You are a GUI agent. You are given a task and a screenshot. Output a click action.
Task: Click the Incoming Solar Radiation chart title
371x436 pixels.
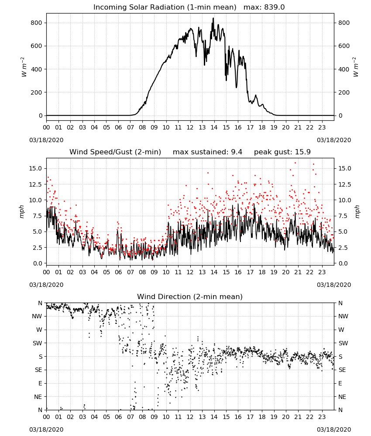[165, 7]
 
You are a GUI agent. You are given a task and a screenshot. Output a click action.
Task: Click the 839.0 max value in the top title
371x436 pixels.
[275, 7]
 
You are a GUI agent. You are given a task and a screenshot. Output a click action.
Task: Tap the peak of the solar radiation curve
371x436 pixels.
[213, 18]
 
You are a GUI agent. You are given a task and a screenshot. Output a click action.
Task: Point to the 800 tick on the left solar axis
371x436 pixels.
[37, 23]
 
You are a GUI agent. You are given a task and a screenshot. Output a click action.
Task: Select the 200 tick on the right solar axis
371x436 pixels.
[344, 92]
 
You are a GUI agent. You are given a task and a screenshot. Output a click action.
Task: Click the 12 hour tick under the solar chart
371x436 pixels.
[190, 128]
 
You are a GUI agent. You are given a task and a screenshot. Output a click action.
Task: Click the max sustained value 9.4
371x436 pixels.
[237, 152]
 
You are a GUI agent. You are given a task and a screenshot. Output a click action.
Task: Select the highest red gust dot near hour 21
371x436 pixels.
[295, 163]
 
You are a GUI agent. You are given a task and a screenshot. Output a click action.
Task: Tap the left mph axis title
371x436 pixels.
[22, 212]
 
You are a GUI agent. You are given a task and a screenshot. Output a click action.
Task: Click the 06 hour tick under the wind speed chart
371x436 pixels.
[118, 272]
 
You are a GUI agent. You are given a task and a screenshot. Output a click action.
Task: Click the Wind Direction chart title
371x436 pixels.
[190, 296]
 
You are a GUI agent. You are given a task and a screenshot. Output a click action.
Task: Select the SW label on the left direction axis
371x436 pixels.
[37, 343]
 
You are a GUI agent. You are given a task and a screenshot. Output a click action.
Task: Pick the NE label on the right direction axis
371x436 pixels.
[342, 397]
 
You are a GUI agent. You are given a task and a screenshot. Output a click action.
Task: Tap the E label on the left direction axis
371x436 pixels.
[40, 383]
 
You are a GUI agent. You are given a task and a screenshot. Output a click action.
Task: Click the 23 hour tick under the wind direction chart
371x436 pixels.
[322, 417]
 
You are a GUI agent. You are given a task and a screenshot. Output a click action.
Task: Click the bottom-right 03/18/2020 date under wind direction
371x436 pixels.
[334, 429]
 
